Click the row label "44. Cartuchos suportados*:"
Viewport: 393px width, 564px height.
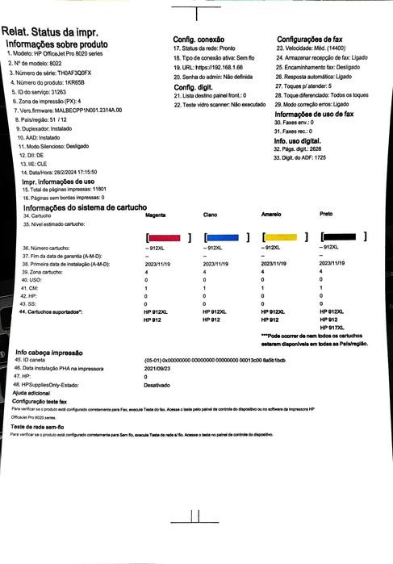click(x=65, y=289)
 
